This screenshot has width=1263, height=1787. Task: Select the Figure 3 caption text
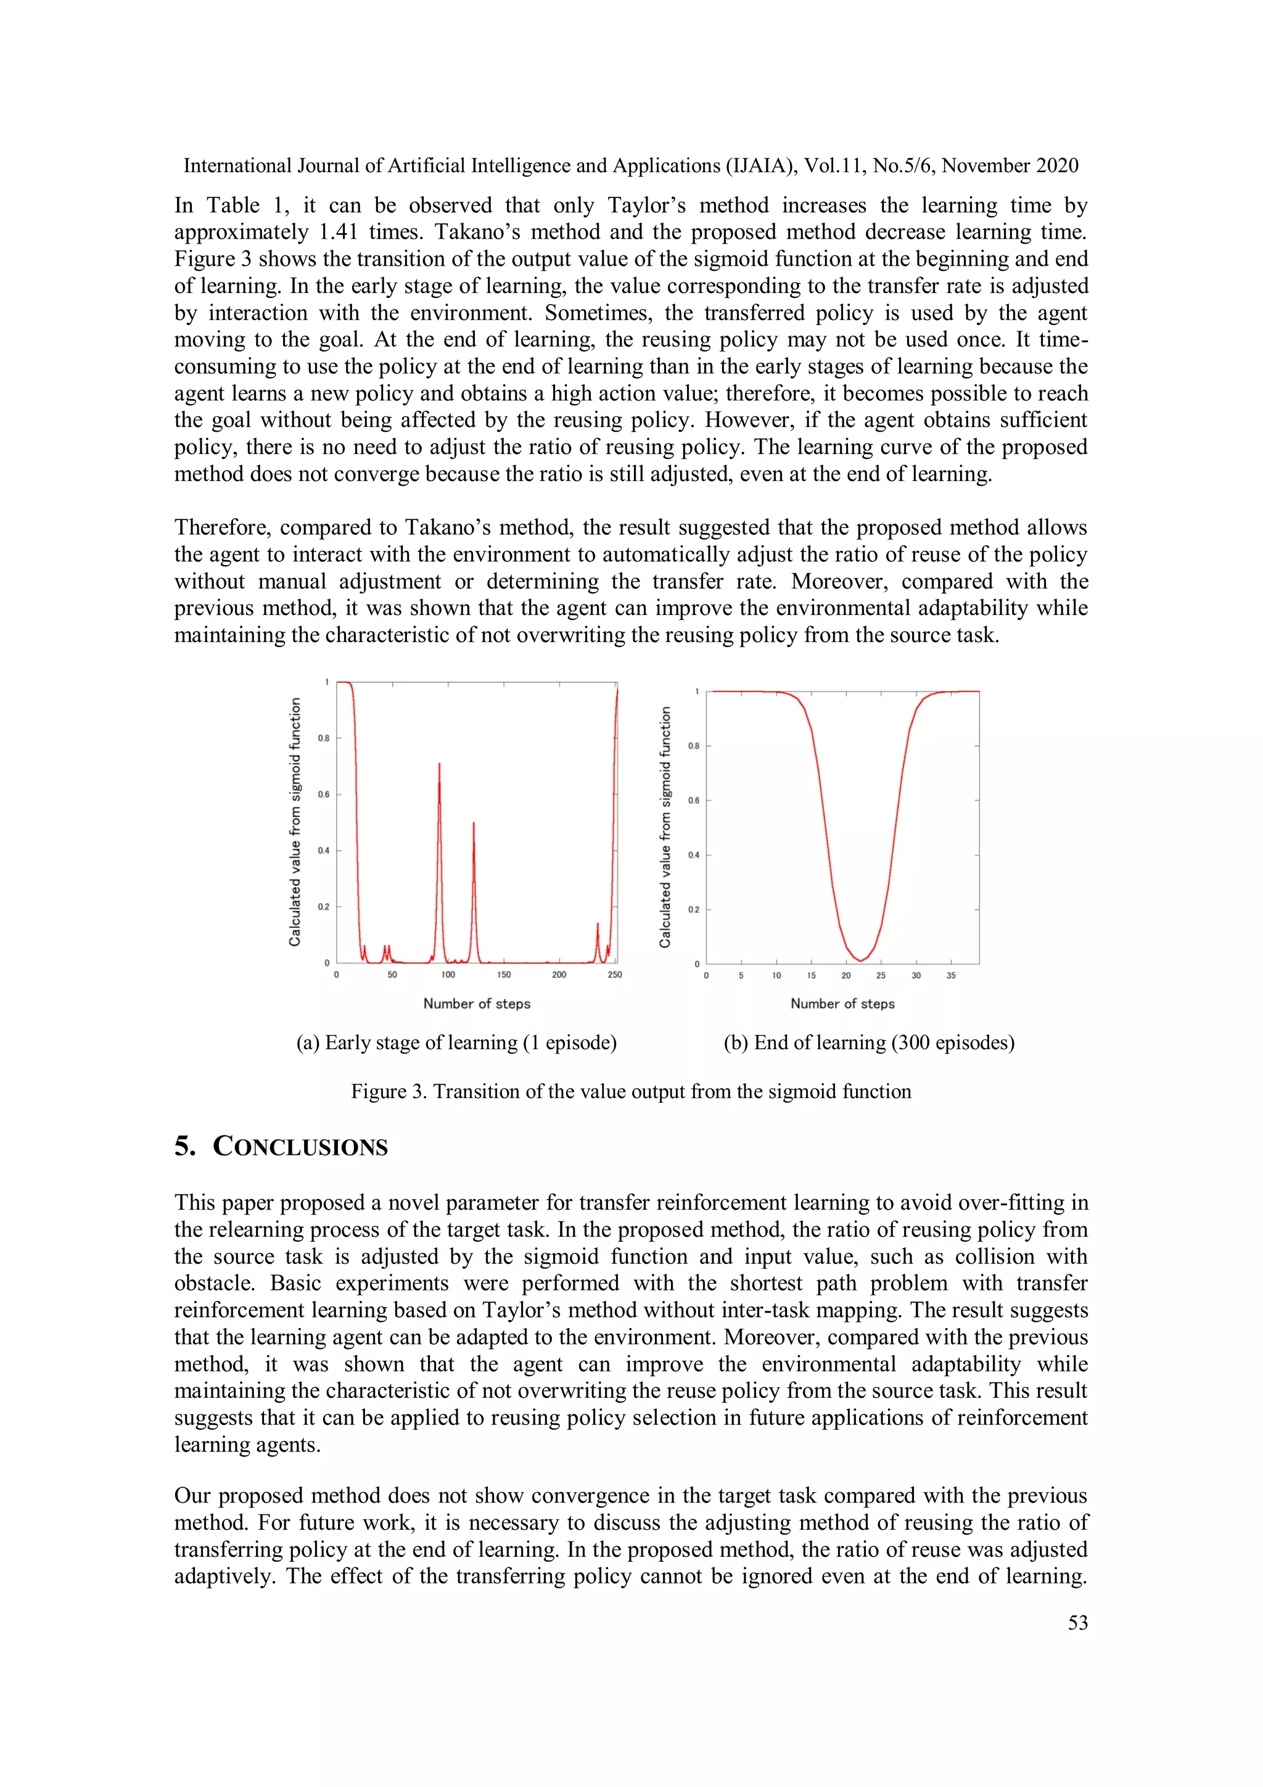tap(630, 1091)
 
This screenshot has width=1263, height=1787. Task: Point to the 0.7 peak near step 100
tap(440, 765)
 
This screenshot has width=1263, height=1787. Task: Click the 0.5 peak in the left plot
tap(473, 823)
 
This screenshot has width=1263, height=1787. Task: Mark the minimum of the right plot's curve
tap(861, 960)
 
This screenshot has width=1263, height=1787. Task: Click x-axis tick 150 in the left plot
tap(503, 975)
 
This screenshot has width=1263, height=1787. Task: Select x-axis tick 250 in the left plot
tap(615, 975)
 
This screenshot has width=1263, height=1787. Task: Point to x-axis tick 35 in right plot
tap(951, 975)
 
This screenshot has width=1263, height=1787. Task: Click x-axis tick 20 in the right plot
tap(846, 975)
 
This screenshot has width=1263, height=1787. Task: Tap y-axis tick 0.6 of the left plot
tap(323, 794)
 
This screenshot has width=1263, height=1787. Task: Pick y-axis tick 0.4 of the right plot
tap(693, 856)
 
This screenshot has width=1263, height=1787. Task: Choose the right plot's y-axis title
tap(665, 827)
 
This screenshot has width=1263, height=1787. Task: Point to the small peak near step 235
tap(598, 925)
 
